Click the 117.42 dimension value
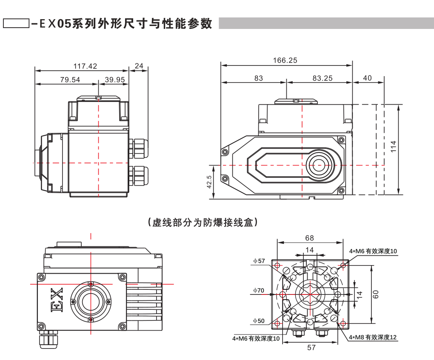[85, 66]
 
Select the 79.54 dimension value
[70, 79]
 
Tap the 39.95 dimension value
[114, 79]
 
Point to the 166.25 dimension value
[285, 60]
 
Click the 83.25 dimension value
[322, 78]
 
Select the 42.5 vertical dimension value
[209, 182]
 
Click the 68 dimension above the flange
[310, 237]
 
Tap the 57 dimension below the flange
[311, 348]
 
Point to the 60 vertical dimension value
[376, 294]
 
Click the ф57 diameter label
[259, 260]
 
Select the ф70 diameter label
[259, 291]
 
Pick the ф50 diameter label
[259, 321]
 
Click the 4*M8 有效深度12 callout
[373, 337]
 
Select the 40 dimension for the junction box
[368, 78]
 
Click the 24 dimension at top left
[139, 66]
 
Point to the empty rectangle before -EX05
[16, 23]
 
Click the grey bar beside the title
[326, 23]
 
